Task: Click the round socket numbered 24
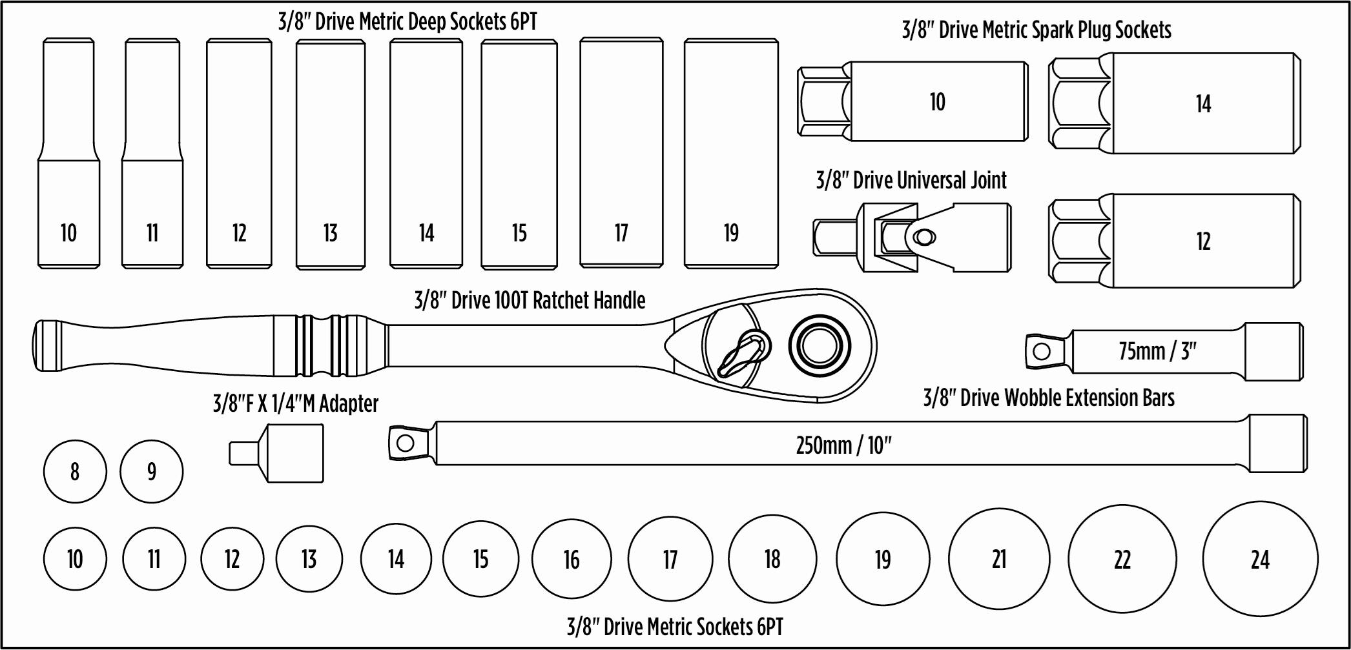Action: tap(1260, 559)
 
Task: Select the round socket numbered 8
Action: tap(75, 472)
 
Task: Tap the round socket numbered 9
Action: tap(152, 472)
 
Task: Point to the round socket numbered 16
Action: tap(572, 560)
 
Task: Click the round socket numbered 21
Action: tap(999, 559)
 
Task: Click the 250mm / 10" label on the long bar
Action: tap(843, 445)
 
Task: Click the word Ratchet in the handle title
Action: tap(556, 301)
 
